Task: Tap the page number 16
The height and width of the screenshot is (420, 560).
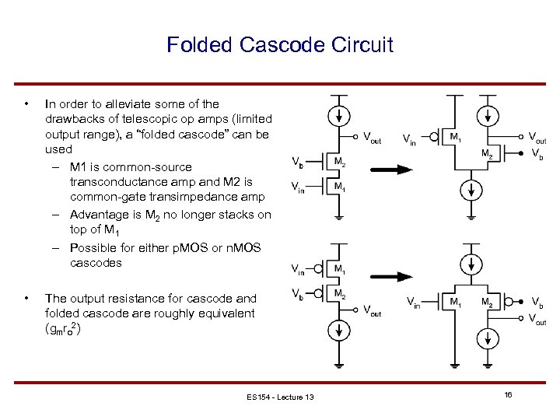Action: point(507,395)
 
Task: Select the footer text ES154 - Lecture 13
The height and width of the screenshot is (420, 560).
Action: point(281,397)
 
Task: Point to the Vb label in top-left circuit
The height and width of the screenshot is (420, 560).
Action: point(297,162)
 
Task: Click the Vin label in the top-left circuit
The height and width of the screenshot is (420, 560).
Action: point(297,187)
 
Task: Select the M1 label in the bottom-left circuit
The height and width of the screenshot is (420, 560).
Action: point(340,269)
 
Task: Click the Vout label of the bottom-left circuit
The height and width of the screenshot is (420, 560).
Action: point(373,310)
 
